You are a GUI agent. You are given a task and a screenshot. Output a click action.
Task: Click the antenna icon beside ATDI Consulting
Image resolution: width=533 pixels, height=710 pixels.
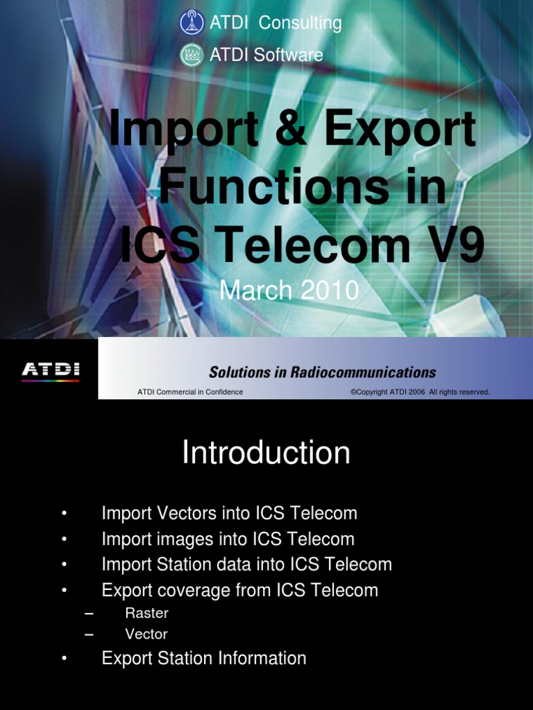click(192, 23)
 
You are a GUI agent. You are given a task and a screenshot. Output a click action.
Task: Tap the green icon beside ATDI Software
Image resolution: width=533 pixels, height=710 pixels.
click(192, 55)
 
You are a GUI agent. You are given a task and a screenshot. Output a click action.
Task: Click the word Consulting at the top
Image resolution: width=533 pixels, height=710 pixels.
click(300, 23)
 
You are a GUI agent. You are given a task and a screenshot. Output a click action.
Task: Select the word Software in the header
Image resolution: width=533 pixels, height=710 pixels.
click(288, 55)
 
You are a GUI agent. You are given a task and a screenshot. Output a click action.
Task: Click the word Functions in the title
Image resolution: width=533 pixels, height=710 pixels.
click(266, 187)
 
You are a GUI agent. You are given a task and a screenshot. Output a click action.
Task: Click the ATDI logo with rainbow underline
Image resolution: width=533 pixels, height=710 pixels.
click(50, 370)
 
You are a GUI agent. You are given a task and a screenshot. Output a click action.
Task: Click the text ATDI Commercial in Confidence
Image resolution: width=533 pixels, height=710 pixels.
click(190, 392)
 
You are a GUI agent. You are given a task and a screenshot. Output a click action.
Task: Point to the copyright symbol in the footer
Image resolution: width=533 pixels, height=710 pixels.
click(353, 392)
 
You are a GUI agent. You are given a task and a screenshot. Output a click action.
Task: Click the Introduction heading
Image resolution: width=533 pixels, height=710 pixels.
click(266, 453)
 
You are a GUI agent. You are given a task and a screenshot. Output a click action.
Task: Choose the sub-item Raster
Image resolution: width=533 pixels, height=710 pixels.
click(146, 614)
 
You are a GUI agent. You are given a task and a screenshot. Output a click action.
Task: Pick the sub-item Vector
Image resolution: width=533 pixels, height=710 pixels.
click(146, 634)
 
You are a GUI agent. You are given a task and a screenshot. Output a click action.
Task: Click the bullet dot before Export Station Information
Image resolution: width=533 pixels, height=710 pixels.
click(64, 659)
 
